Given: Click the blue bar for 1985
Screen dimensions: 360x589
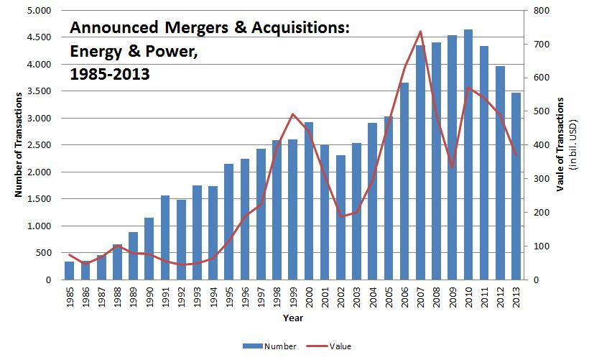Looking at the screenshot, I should [x=70, y=271].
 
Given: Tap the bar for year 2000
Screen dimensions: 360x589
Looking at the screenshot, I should [x=308, y=201].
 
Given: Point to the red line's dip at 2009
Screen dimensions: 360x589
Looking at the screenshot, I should [x=452, y=168].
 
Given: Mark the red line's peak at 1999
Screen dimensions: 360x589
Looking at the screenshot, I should [x=292, y=114].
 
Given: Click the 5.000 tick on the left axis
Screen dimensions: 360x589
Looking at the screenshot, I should [x=40, y=11].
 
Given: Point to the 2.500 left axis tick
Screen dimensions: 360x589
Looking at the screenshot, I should [x=40, y=145].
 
